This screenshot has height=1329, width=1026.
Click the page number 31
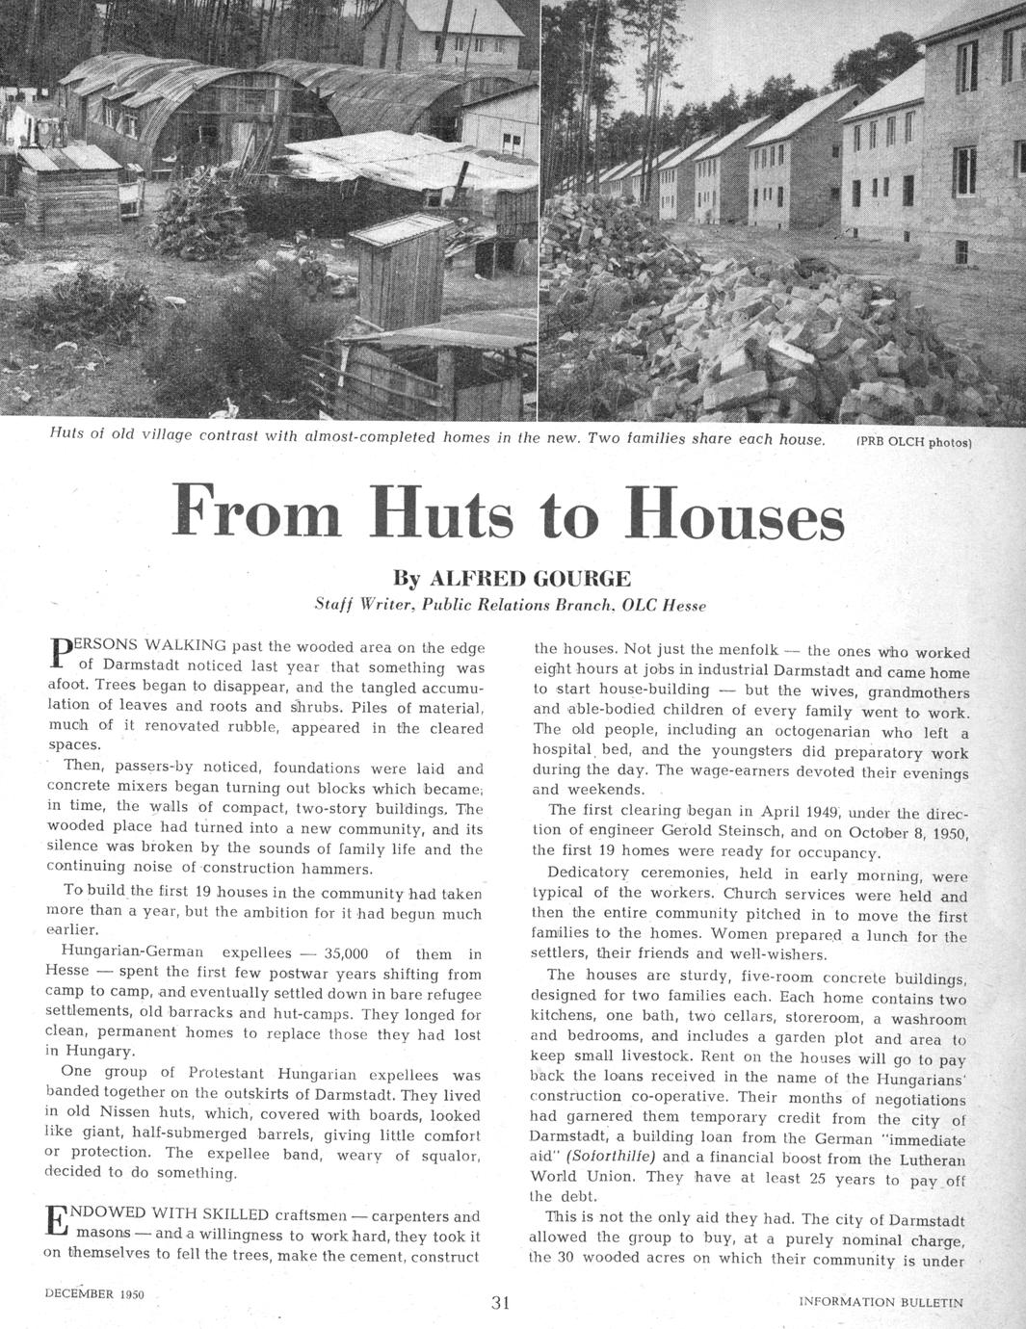point(501,1303)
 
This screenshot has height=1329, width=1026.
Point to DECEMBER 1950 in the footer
point(94,1294)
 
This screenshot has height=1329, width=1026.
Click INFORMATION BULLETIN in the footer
point(881,1302)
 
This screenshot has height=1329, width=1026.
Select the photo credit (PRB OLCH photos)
point(913,443)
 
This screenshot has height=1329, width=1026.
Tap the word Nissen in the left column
point(117,1115)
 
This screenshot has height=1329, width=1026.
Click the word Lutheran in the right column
point(926,1157)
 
